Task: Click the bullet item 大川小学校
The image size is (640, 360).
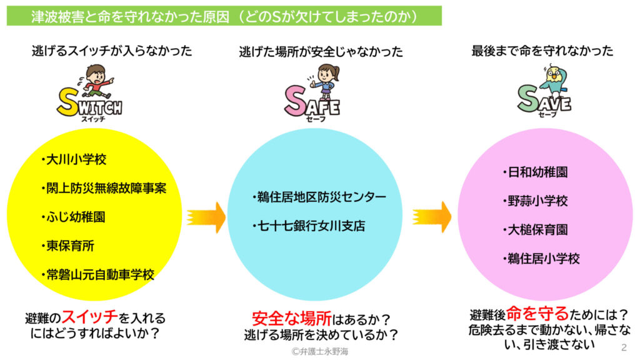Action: [74, 159]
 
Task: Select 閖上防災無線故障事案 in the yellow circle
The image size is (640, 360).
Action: [104, 188]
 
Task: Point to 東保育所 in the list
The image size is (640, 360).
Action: [68, 246]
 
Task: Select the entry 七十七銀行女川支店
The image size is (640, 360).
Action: [309, 226]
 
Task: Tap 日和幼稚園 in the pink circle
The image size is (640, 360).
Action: [536, 172]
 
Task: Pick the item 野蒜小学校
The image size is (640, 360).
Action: [536, 201]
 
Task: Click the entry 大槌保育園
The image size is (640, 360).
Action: [536, 230]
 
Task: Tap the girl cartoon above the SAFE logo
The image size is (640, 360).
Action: [324, 82]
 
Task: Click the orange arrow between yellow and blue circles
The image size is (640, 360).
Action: [206, 217]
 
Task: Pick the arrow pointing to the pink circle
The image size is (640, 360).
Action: [432, 217]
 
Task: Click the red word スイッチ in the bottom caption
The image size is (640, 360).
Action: [90, 316]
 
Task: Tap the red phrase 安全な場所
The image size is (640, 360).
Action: [292, 318]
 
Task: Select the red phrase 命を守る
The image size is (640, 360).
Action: [537, 314]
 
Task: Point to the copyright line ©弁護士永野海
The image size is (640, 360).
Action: [320, 351]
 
